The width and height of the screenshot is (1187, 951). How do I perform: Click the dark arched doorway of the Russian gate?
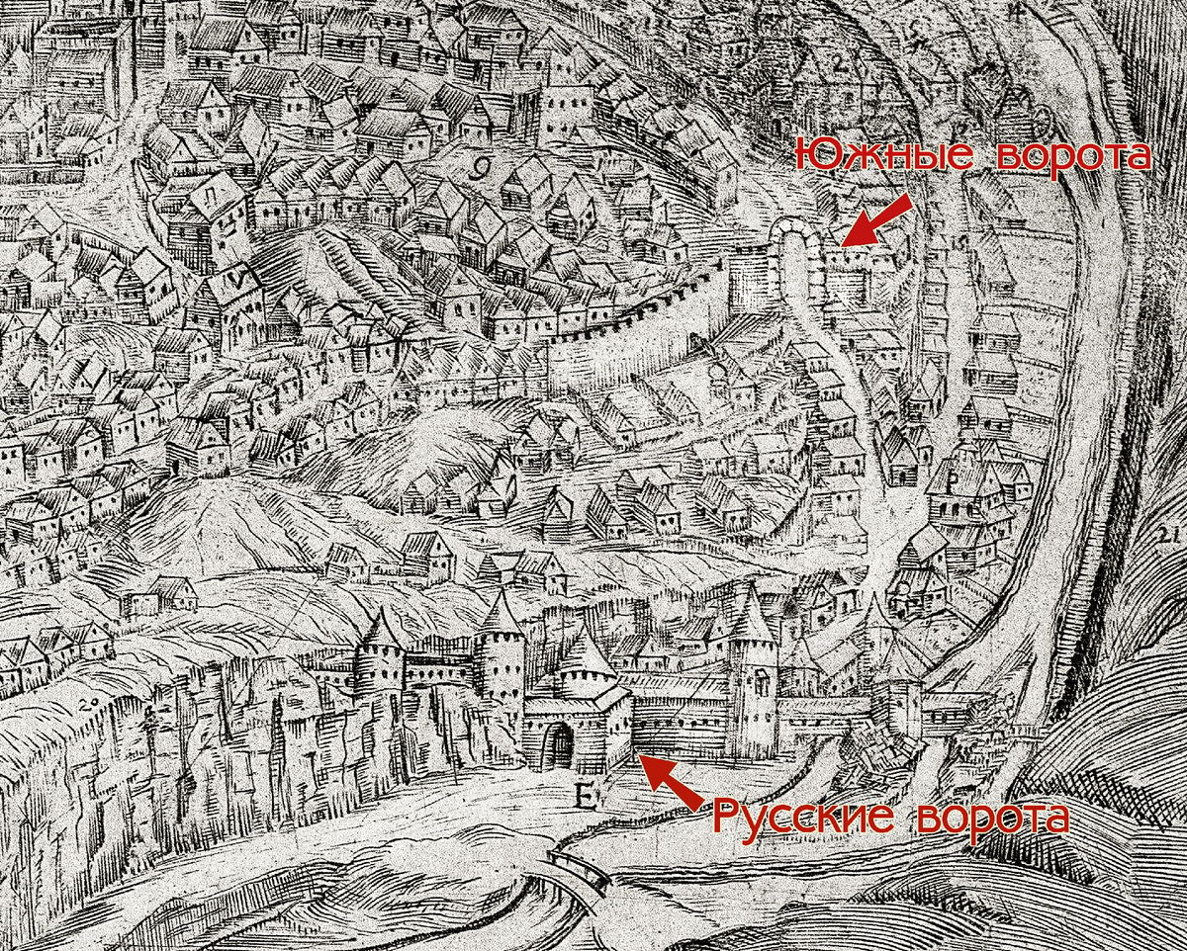tap(561, 746)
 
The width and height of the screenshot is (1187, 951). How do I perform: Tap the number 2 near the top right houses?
tap(843, 65)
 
